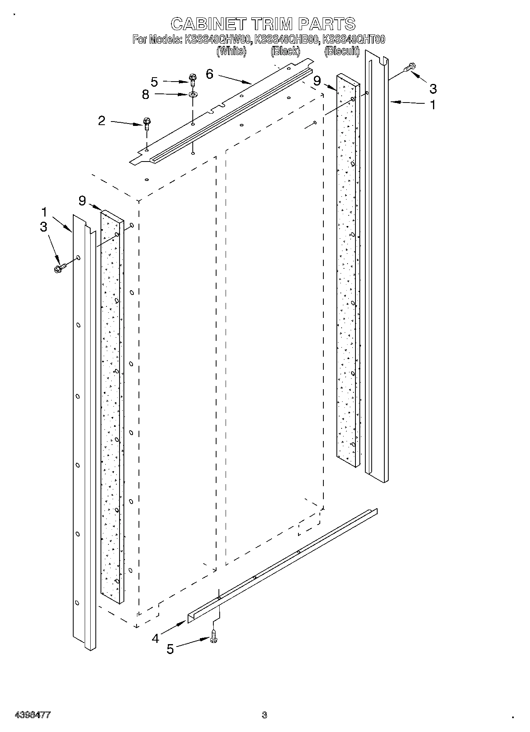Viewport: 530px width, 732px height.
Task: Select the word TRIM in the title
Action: click(x=271, y=24)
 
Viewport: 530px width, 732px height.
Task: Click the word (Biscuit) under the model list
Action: click(x=342, y=51)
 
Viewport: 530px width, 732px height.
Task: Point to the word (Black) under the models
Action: click(x=285, y=51)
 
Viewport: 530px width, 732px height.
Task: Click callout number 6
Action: click(x=210, y=74)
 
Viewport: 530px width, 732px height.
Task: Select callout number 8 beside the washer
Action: click(x=146, y=95)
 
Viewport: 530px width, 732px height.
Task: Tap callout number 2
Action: click(x=102, y=120)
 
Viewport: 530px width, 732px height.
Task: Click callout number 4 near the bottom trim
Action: click(x=156, y=639)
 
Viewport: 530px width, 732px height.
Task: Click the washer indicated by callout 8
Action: click(x=193, y=95)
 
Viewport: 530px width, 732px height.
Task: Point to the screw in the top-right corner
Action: click(x=410, y=68)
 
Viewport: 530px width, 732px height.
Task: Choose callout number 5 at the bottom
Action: click(x=170, y=649)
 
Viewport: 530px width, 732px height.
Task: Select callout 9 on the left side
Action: click(x=82, y=201)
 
